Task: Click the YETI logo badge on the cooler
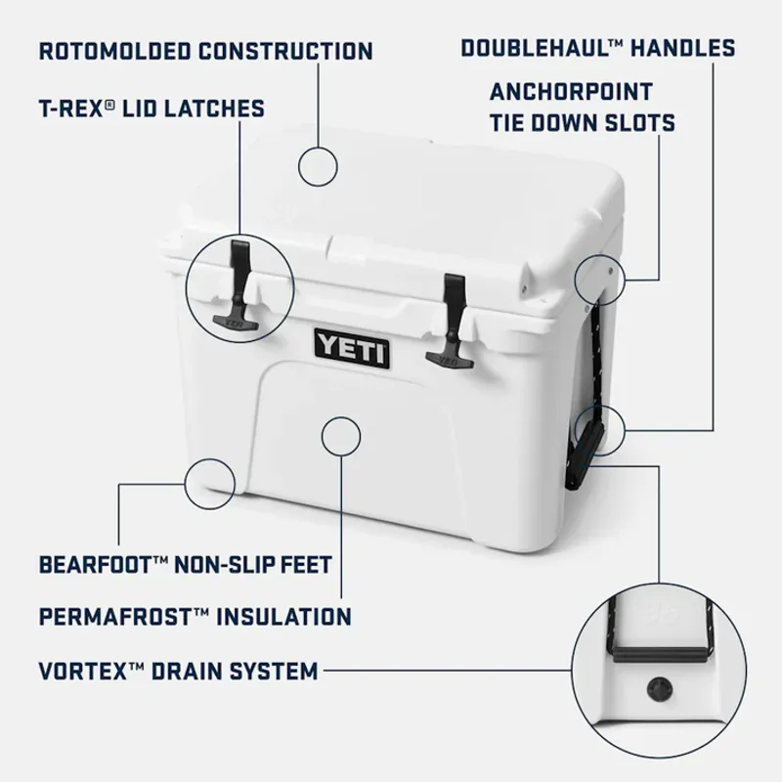point(352,346)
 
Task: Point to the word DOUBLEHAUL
point(528,48)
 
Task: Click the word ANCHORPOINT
point(571,93)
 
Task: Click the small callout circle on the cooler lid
point(320,166)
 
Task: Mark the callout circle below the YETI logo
point(341,435)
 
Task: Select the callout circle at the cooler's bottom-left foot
point(209,480)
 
